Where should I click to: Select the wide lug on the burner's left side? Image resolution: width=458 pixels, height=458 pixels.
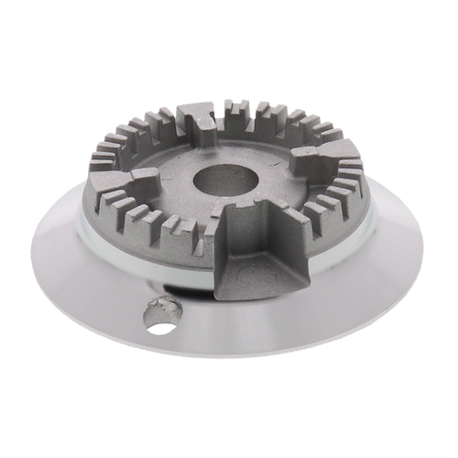[147, 176]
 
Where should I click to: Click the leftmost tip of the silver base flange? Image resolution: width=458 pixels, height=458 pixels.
[30, 240]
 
